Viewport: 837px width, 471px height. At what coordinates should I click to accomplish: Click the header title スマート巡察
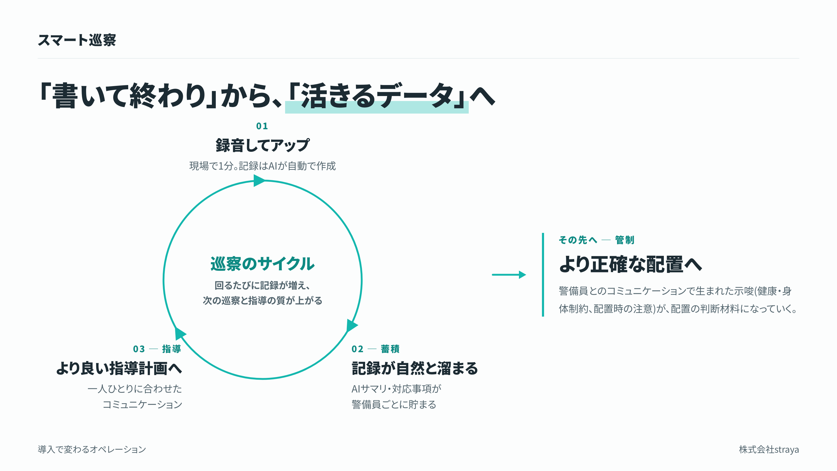77,40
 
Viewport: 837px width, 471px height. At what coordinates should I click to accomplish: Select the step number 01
262,126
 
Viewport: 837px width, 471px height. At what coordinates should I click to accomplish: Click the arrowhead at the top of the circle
259,180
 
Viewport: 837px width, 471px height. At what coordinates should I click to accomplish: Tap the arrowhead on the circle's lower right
352,325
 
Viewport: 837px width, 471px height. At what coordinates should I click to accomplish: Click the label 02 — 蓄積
376,349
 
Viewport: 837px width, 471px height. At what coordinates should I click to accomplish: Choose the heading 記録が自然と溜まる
415,368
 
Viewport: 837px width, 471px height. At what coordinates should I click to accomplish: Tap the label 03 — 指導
157,349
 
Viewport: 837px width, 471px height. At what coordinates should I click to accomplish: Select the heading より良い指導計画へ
119,368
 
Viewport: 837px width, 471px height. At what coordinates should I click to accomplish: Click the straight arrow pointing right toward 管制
509,275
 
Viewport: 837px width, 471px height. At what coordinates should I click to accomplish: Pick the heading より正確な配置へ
630,264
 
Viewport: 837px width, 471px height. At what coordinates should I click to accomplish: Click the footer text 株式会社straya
769,449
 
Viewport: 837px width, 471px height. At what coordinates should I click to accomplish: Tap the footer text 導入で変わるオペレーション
92,449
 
